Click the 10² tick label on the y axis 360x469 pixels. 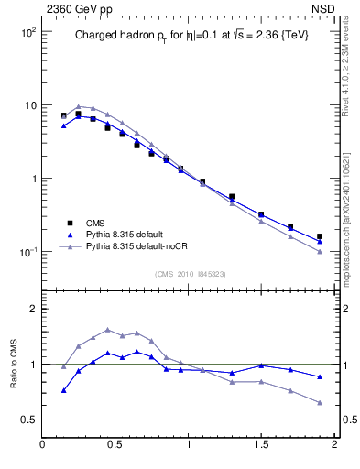pyautogui.click(x=26, y=32)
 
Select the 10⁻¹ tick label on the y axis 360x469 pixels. pyautogui.click(x=26, y=252)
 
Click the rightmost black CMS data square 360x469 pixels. pyautogui.click(x=320, y=236)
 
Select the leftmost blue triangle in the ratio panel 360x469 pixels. pyautogui.click(x=63, y=390)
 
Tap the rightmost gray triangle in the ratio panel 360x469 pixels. pyautogui.click(x=320, y=402)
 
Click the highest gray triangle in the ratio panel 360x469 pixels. pyautogui.click(x=107, y=330)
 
